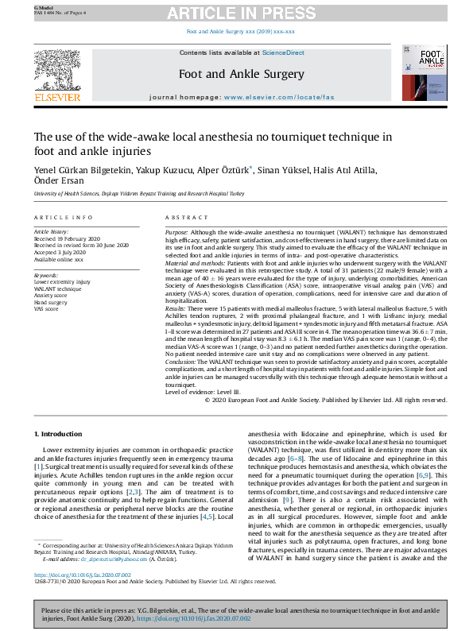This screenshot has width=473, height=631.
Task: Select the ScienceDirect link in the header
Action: point(284,52)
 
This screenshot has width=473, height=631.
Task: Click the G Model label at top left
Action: point(42,5)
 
